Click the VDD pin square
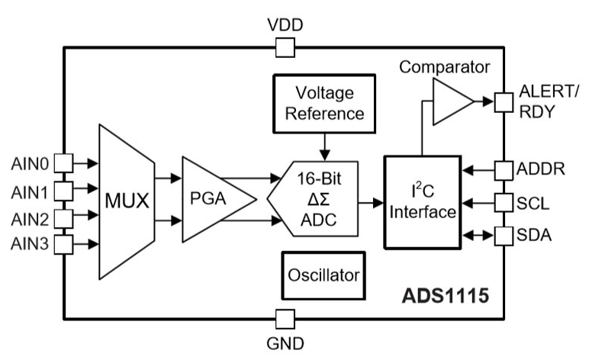(285, 48)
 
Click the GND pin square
(285, 319)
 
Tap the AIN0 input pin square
(64, 162)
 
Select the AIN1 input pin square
(64, 189)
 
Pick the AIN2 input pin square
(64, 217)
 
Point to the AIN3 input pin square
(64, 244)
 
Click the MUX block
(125, 202)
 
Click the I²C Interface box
(421, 202)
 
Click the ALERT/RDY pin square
(503, 101)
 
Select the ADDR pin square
(503, 169)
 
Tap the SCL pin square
(503, 203)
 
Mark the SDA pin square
(503, 236)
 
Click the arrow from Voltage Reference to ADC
(326, 146)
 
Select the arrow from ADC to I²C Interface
(371, 203)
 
